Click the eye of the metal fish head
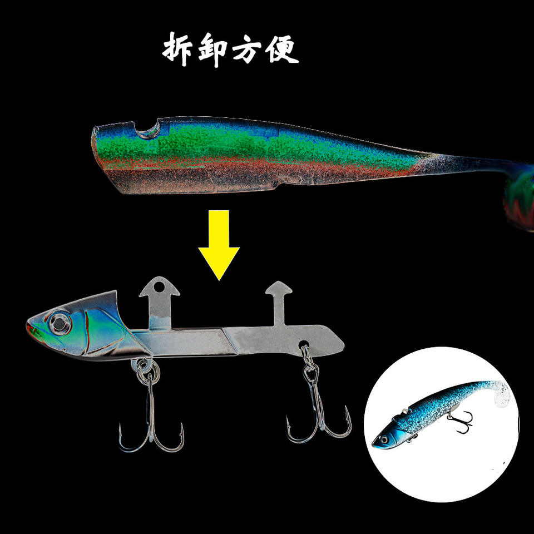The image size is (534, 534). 56,323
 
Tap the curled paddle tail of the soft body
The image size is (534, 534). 517,195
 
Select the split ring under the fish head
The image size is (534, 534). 142,366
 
